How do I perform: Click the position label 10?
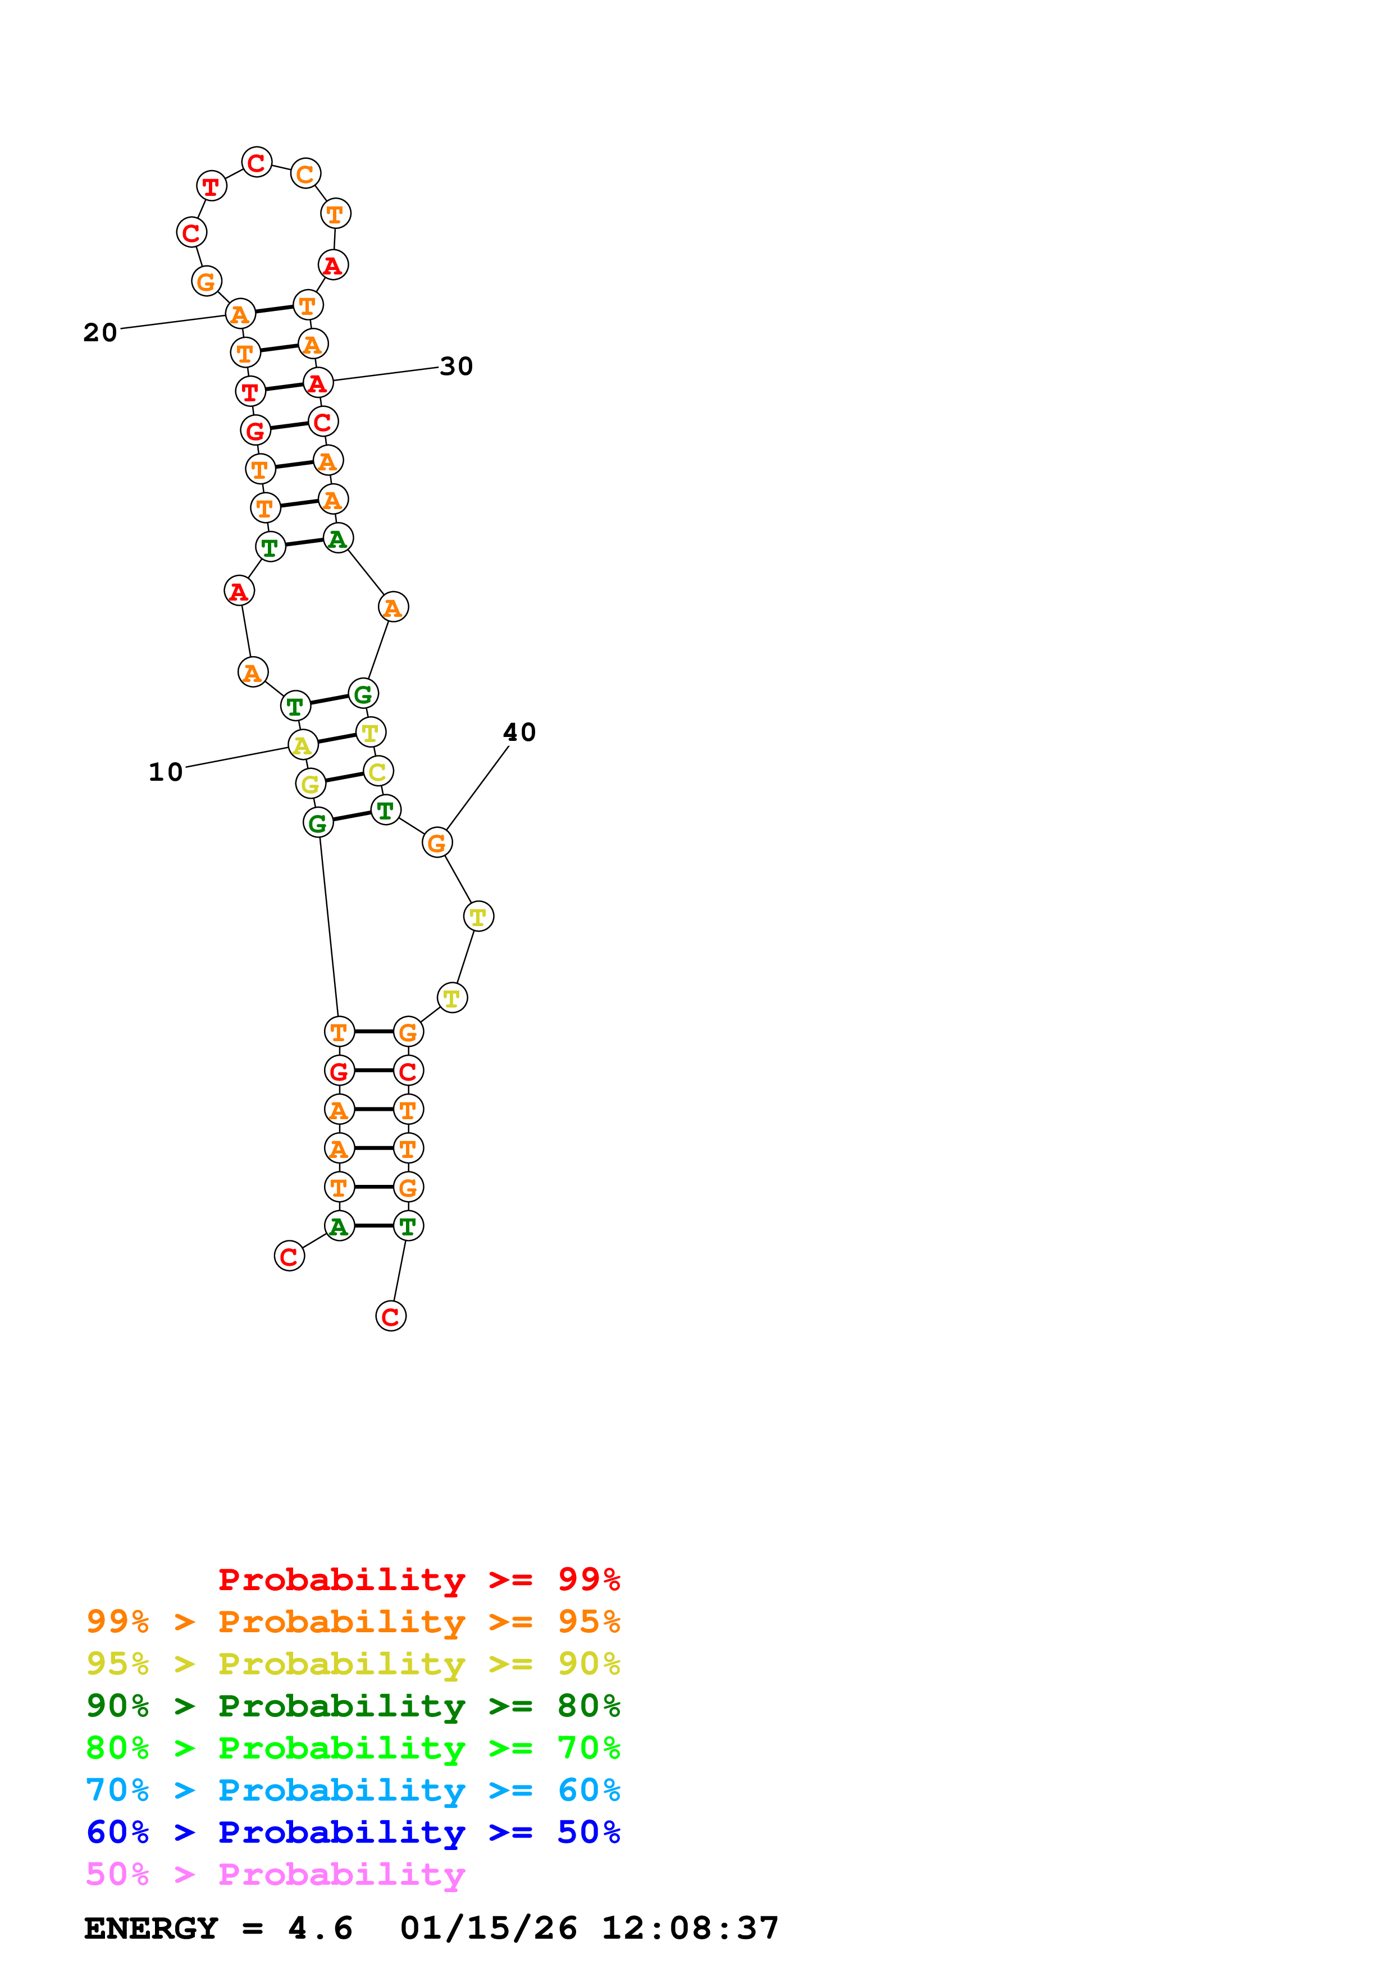166,772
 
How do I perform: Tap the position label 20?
101,333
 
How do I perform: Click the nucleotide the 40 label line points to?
436,843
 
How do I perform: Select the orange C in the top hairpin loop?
305,174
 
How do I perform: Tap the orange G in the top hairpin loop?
206,281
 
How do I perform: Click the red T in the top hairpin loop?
211,186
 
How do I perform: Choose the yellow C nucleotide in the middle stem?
377,771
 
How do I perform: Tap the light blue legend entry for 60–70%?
353,1790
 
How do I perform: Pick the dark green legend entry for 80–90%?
353,1706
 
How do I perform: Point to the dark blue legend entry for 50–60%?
353,1832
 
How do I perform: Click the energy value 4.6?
320,1929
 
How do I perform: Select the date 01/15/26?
488,1929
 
